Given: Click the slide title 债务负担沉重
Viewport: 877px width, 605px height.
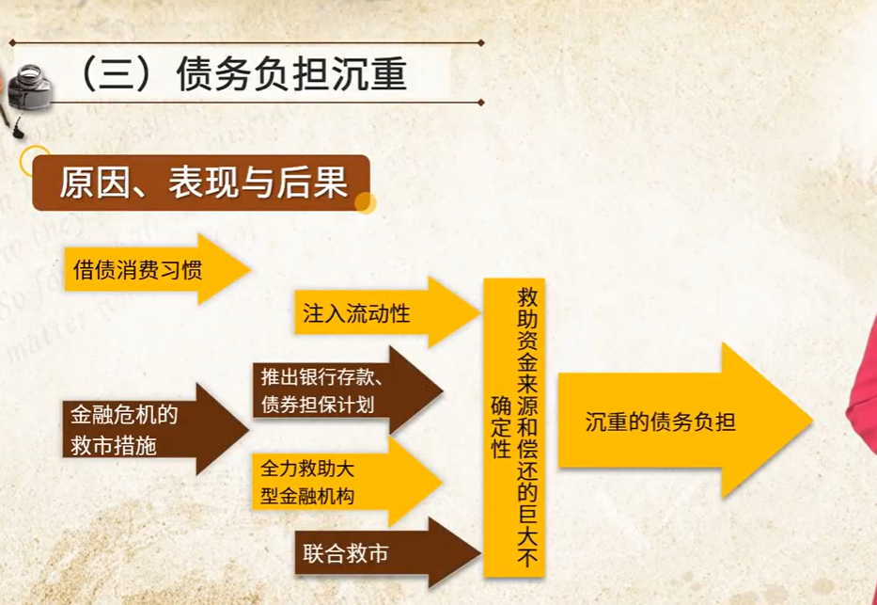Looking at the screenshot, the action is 291,73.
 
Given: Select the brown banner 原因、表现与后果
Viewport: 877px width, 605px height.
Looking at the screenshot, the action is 201,183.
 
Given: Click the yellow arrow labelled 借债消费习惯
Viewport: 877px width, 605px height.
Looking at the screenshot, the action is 157,269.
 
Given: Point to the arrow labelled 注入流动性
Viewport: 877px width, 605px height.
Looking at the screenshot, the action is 387,312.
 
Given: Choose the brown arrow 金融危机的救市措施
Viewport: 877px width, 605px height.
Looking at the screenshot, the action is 155,429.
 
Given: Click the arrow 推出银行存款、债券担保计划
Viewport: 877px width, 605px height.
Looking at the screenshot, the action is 348,390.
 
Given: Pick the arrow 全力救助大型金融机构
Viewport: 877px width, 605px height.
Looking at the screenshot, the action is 347,482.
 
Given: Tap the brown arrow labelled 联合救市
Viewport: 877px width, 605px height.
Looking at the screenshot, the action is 387,553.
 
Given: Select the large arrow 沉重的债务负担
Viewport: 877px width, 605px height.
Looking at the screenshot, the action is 684,421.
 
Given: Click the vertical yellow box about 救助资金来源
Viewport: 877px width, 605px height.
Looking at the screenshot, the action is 514,427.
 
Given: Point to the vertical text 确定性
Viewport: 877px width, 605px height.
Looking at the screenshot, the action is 501,427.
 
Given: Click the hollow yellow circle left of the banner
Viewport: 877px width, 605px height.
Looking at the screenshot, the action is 35,161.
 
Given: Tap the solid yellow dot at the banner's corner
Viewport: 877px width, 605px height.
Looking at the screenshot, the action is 366,202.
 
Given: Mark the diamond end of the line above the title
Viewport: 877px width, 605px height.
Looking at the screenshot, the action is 481,42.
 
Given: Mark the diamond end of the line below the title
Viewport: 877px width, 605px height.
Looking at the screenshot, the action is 481,103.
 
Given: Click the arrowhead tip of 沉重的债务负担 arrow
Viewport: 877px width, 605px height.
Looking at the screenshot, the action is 811,421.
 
